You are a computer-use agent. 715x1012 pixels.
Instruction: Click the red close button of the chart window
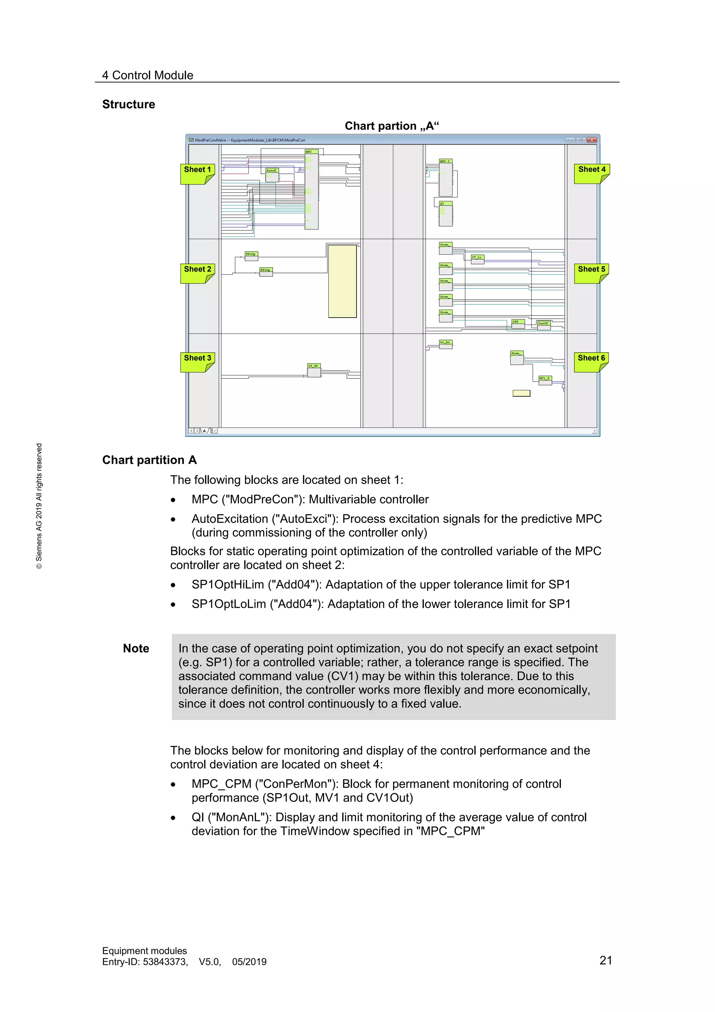click(x=592, y=140)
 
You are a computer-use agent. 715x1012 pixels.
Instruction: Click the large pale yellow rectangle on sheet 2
click(x=342, y=281)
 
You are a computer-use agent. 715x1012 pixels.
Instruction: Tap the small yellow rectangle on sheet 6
click(x=521, y=393)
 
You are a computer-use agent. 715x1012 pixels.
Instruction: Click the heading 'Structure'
click(x=128, y=104)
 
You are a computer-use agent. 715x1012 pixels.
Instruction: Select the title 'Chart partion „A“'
click(x=391, y=126)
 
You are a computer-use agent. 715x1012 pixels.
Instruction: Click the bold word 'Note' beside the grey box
click(x=136, y=648)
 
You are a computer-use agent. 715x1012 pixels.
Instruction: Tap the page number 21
click(x=606, y=960)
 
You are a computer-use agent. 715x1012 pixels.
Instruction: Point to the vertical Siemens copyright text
click(x=39, y=506)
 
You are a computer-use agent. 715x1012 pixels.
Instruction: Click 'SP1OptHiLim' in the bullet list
click(x=228, y=585)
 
